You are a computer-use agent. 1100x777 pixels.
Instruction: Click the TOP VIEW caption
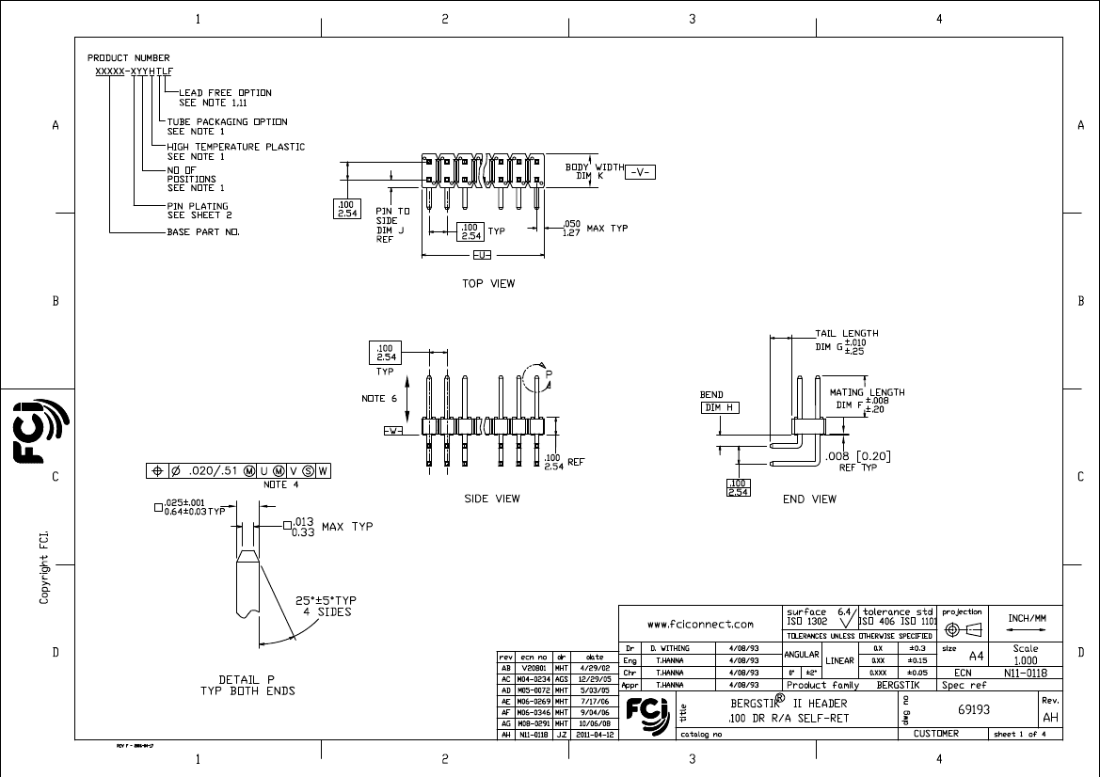[488, 283]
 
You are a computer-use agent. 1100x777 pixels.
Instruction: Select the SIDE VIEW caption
[491, 499]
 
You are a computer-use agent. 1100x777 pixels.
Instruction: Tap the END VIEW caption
[809, 499]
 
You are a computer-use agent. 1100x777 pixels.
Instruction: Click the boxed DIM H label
[721, 407]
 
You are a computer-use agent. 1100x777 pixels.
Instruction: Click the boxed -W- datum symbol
[393, 430]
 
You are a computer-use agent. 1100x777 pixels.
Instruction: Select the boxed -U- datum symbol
[482, 256]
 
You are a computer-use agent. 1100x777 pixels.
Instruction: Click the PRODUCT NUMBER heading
[129, 58]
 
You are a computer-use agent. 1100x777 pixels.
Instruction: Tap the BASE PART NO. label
[203, 231]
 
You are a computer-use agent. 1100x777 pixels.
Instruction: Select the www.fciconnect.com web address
[701, 624]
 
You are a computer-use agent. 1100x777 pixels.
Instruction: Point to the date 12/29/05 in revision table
[595, 677]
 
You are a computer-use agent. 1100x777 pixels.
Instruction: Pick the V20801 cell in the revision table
[534, 667]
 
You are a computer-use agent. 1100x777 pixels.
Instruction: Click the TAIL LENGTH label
[846, 333]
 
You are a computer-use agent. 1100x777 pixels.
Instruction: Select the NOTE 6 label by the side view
[380, 398]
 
